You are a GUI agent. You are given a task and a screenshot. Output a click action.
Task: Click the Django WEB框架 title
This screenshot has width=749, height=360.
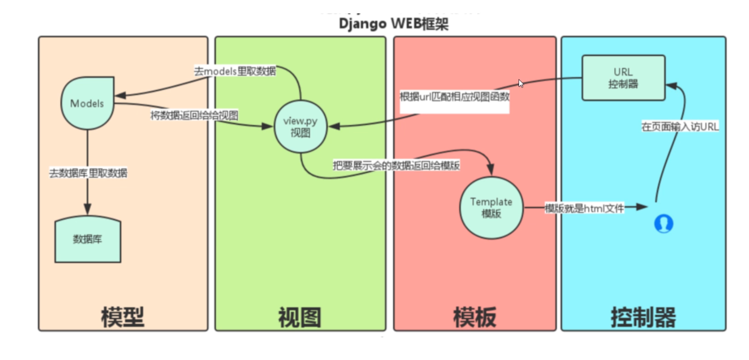point(393,24)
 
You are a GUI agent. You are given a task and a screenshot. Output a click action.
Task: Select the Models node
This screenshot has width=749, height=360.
point(87,103)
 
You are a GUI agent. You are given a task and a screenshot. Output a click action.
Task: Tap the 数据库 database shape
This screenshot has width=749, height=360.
point(88,239)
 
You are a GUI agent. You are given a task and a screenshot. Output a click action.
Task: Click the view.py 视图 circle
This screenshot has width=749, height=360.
point(301,126)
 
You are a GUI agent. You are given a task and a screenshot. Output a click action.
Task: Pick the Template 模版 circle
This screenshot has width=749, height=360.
point(491,207)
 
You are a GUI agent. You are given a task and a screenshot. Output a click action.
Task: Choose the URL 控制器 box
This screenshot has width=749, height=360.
point(623,78)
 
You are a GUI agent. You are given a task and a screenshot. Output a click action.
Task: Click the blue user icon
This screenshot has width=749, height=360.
point(663,224)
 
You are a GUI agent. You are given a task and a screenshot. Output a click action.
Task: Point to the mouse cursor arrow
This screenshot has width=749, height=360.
point(521,83)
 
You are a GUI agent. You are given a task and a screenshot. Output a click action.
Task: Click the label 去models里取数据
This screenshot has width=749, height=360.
point(235,71)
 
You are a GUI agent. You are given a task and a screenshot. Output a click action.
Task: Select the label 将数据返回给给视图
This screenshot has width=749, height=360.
point(194,115)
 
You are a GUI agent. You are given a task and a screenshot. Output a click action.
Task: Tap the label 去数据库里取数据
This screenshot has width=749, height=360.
point(88,173)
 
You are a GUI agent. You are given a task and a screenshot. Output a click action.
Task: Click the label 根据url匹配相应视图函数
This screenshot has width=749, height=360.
point(454,97)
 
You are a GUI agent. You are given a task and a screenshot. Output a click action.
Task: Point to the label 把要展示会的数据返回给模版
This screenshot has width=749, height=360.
point(396,166)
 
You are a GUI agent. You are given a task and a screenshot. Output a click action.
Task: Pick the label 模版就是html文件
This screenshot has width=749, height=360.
point(584,208)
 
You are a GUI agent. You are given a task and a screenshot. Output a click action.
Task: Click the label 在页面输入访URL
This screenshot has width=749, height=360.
point(680,126)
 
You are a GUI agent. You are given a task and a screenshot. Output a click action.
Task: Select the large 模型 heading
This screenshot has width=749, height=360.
point(123,317)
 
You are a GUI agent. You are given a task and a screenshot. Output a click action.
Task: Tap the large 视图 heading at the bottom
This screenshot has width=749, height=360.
point(300,317)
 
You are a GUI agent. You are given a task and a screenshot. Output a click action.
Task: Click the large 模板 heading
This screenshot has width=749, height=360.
point(475,317)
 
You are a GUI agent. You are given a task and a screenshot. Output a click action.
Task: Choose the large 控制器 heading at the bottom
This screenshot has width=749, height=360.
point(643,317)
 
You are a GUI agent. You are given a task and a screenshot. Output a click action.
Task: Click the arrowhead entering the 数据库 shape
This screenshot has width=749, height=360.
point(87,209)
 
